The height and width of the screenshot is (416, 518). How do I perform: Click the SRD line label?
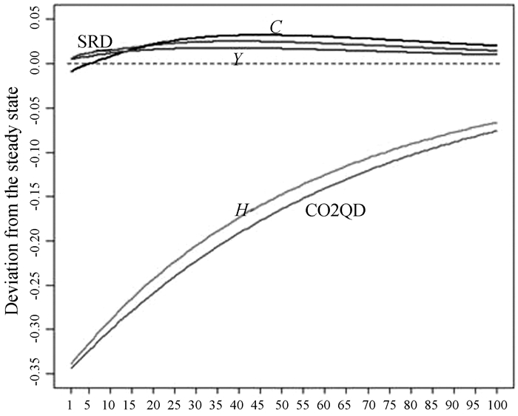[x=95, y=42]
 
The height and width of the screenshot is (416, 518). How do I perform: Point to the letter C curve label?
[x=275, y=27]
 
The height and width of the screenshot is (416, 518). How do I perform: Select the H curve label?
[x=241, y=211]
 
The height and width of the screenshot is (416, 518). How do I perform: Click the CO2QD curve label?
[x=337, y=211]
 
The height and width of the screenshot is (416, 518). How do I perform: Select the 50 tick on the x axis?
[x=283, y=404]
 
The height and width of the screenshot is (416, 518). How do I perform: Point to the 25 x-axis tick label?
[x=175, y=404]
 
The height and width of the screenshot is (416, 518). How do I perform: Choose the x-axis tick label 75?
[x=389, y=404]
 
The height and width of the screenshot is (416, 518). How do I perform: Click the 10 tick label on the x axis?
[x=110, y=404]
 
